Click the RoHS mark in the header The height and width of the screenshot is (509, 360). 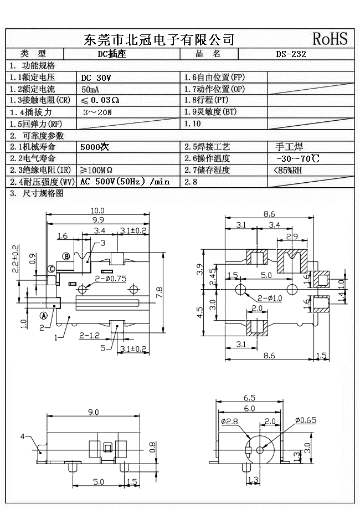[x=330, y=39]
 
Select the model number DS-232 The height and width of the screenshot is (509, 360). [x=291, y=54]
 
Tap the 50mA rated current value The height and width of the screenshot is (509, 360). [x=91, y=89]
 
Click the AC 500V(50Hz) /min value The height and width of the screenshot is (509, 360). [x=125, y=182]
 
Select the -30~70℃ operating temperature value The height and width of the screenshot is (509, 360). [x=296, y=159]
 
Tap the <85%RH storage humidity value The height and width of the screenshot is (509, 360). [x=287, y=170]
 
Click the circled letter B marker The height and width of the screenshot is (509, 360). [x=66, y=256]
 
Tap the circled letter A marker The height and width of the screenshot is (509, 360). [x=43, y=316]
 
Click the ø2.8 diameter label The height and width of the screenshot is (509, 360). [x=229, y=422]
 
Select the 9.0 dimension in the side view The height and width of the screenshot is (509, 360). [x=93, y=412]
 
